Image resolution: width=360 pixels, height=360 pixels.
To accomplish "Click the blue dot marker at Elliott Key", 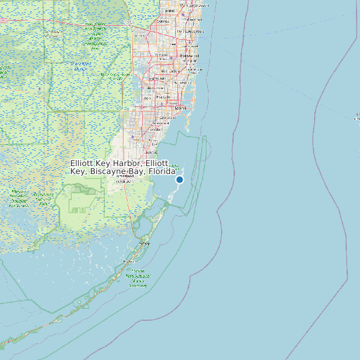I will [x=179, y=179].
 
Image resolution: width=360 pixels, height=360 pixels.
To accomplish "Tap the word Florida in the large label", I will [x=162, y=171].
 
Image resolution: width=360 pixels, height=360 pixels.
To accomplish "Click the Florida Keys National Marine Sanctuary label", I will [x=139, y=277].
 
